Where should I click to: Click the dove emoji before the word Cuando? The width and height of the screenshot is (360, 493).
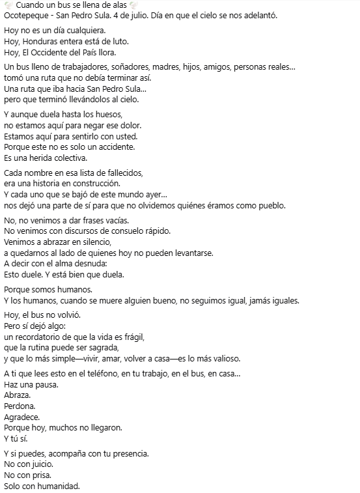click(x=8, y=5)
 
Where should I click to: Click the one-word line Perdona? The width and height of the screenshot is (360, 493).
click(x=20, y=406)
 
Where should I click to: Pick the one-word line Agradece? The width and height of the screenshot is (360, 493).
click(x=21, y=417)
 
